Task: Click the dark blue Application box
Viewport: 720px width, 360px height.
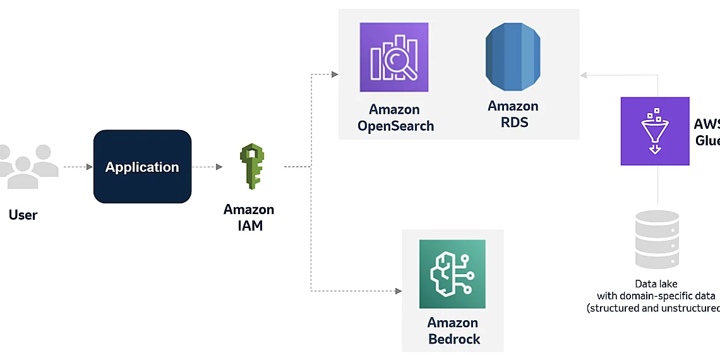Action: (x=142, y=167)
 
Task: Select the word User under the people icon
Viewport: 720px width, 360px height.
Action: (x=23, y=215)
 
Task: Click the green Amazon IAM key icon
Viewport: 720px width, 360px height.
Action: (x=251, y=167)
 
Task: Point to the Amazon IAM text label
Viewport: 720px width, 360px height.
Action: (x=249, y=217)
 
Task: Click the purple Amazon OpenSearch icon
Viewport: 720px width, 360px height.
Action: (x=394, y=57)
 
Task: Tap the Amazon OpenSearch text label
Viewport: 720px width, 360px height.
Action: (x=395, y=117)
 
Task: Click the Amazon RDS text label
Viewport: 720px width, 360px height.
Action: (x=513, y=114)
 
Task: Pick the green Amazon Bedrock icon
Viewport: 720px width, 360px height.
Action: (x=452, y=274)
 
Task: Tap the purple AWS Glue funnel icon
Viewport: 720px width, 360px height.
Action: (x=655, y=131)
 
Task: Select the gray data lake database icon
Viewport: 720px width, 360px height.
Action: (x=657, y=240)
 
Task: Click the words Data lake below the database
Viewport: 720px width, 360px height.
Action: (x=657, y=284)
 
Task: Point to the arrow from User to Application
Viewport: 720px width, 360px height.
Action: (x=78, y=167)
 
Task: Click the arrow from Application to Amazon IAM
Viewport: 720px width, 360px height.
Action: (x=207, y=167)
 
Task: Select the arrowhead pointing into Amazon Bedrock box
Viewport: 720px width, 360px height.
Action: (x=399, y=291)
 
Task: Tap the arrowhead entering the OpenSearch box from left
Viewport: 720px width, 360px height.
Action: (x=335, y=75)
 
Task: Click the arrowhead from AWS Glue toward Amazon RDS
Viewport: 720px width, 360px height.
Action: (x=584, y=75)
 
